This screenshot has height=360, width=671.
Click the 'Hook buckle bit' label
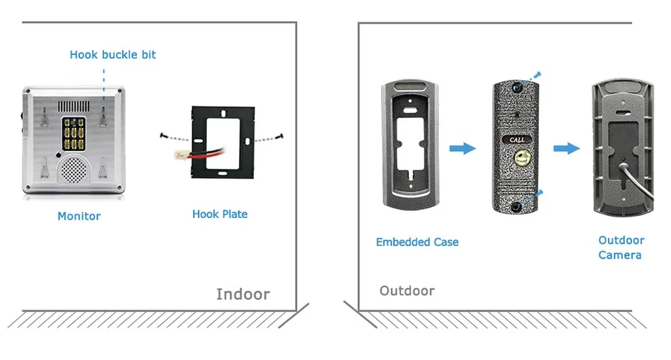click(113, 55)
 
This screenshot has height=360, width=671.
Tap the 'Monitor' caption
click(79, 216)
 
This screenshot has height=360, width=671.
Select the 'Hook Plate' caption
click(220, 214)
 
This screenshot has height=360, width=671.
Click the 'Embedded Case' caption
click(417, 242)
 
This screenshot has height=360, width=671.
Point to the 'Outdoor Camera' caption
click(621, 247)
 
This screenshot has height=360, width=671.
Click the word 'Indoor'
click(243, 294)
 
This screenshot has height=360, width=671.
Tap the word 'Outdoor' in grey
click(407, 291)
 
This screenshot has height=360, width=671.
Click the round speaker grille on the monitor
click(73, 168)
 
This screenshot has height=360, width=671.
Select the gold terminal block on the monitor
click(73, 133)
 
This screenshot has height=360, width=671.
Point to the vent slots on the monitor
click(74, 106)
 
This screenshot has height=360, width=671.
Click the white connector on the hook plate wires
click(180, 155)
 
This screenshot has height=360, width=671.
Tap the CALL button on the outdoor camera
click(517, 140)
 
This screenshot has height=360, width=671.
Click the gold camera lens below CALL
click(522, 157)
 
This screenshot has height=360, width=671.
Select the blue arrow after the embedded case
click(463, 148)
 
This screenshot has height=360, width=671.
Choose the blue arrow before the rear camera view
click(567, 148)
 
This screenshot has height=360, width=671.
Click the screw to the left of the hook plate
click(163, 136)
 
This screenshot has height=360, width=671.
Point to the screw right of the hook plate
click(280, 136)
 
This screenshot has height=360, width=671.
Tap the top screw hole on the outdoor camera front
click(518, 87)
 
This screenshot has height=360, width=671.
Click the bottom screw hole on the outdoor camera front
click(516, 207)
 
